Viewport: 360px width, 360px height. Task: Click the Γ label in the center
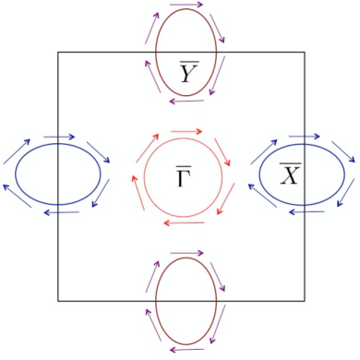click(x=185, y=175)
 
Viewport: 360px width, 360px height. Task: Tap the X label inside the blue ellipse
click(x=289, y=174)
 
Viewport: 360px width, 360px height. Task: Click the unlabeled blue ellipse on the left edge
click(x=58, y=173)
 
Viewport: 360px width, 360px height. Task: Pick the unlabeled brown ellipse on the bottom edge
click(x=186, y=301)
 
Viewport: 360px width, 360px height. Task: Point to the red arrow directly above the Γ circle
click(x=186, y=130)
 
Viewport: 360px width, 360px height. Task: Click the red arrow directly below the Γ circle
click(x=186, y=222)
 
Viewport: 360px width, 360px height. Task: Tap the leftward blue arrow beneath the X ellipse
click(x=305, y=211)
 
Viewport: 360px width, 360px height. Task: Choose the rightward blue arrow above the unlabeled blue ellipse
click(x=58, y=137)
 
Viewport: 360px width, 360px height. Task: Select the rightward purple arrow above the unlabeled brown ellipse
click(x=186, y=251)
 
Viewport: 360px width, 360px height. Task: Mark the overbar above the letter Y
click(x=187, y=60)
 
